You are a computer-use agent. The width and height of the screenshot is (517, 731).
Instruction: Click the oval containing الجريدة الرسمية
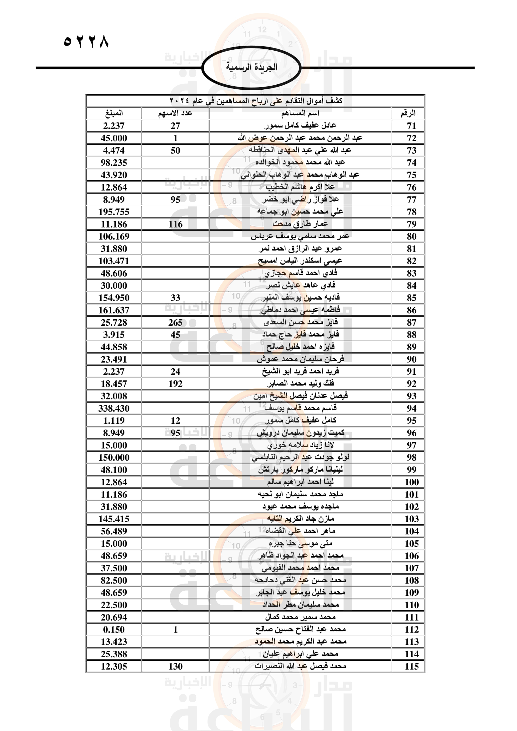tap(252, 67)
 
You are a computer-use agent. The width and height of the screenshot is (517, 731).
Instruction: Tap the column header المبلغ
tap(114, 113)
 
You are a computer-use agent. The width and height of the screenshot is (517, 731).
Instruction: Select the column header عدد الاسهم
tap(175, 113)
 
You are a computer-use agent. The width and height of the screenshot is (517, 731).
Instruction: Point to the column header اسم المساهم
tap(300, 113)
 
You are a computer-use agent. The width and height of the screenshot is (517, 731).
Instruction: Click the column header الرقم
tap(408, 113)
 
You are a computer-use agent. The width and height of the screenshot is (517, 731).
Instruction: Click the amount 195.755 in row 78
tap(114, 212)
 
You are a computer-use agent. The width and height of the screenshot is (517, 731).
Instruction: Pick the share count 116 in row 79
tap(175, 224)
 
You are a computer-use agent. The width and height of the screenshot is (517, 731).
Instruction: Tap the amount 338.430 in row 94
tap(114, 408)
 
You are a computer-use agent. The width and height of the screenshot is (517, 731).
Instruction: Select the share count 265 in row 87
tap(175, 323)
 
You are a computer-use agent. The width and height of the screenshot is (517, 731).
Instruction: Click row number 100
tap(411, 482)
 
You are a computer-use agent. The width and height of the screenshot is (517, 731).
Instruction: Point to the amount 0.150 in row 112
tap(114, 630)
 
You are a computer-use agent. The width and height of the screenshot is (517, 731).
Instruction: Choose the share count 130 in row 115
tap(175, 667)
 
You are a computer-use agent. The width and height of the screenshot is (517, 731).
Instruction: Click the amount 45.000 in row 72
tap(114, 138)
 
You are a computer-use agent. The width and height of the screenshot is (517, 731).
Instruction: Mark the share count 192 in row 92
tap(175, 384)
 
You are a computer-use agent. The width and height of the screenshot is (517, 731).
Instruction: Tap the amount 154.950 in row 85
tap(114, 298)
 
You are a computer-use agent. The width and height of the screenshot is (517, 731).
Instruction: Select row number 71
tap(411, 126)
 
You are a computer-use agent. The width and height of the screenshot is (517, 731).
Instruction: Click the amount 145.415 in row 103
tap(114, 519)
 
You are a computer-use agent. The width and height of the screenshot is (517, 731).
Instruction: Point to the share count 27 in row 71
tap(175, 126)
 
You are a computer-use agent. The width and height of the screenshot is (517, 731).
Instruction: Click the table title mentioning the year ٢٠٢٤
tap(255, 101)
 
